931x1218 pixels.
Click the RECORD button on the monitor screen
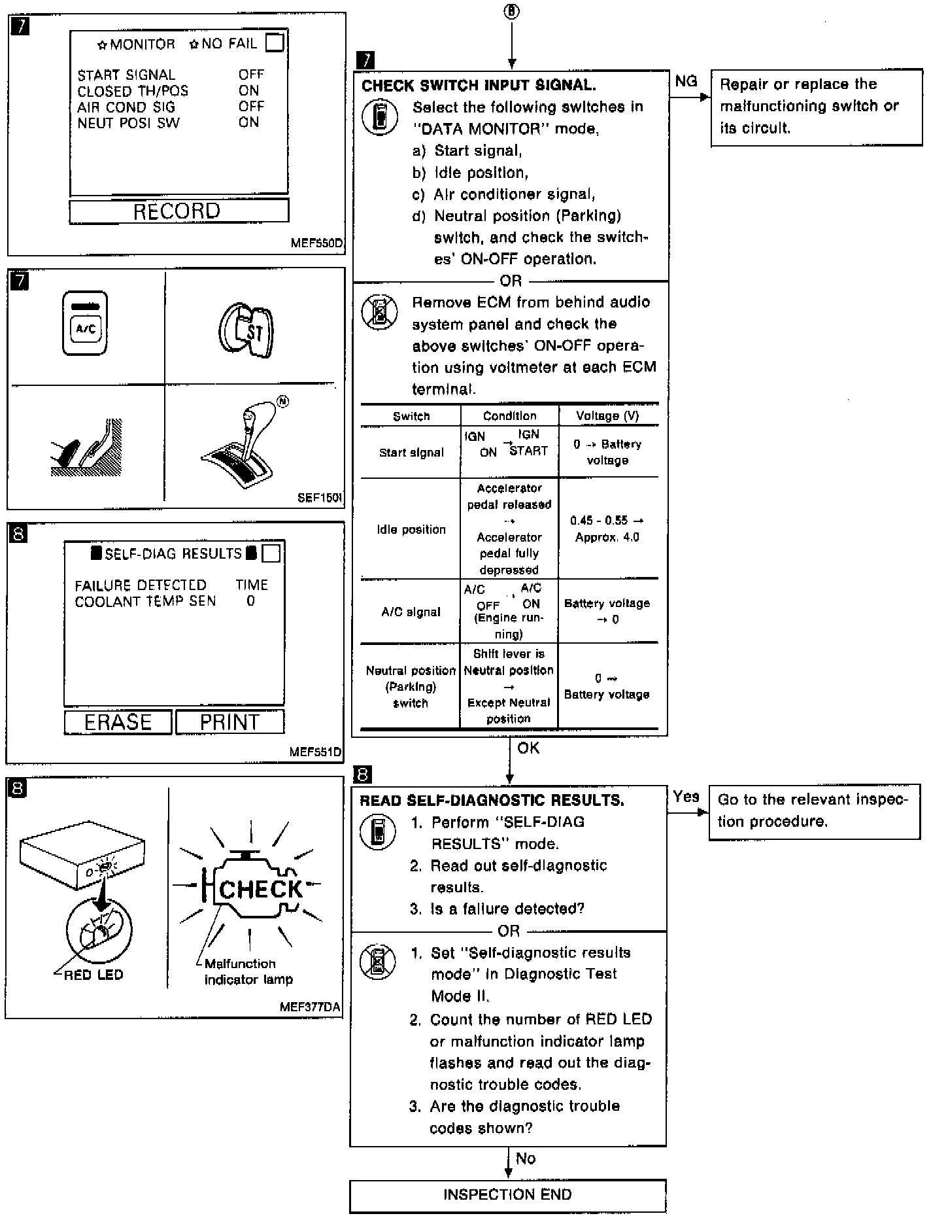click(x=178, y=211)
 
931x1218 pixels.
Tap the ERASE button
click(x=118, y=722)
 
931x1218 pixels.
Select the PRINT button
click(x=229, y=722)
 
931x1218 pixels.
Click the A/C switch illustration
click(x=85, y=324)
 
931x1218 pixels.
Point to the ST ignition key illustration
click(x=246, y=330)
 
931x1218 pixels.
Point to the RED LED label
click(x=93, y=975)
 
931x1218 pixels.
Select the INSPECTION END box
click(x=507, y=1194)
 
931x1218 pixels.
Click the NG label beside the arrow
click(x=686, y=81)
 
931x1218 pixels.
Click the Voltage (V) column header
click(x=607, y=416)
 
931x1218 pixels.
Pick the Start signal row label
click(x=411, y=452)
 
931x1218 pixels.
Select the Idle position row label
click(x=411, y=529)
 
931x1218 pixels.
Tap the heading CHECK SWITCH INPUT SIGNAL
click(x=479, y=86)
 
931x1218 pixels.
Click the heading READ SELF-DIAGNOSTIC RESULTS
click(x=492, y=801)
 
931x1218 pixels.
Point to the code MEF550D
click(x=316, y=243)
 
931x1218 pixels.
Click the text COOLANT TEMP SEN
click(x=145, y=601)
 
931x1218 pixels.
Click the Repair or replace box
click(x=816, y=106)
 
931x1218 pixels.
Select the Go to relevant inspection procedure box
click(x=814, y=810)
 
